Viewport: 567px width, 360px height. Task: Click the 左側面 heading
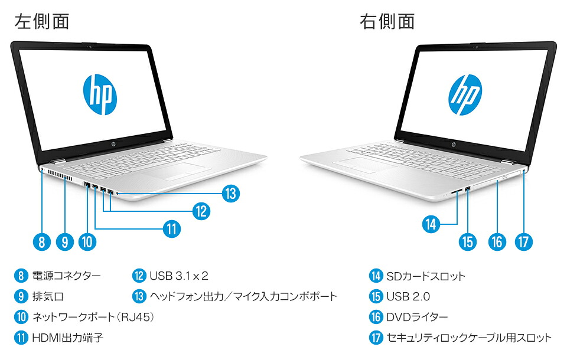(x=42, y=21)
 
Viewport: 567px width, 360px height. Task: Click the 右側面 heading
(x=387, y=21)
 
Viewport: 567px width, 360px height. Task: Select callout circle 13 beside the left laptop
(x=231, y=192)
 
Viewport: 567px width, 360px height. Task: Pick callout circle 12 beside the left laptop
(x=201, y=211)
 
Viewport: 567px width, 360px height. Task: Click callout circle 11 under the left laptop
(x=171, y=229)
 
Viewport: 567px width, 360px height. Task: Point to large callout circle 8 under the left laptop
(x=40, y=241)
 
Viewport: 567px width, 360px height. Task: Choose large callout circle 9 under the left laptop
(x=64, y=241)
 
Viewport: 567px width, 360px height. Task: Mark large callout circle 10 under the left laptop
(x=87, y=241)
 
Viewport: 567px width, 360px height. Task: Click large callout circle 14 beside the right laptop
(x=432, y=224)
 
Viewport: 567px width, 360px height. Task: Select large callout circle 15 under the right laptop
(x=467, y=241)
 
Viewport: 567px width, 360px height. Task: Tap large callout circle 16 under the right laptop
(x=497, y=241)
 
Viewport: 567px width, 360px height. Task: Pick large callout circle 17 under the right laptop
(x=523, y=241)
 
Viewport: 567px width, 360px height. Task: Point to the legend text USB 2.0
(x=408, y=297)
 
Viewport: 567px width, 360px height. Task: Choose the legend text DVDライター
(x=417, y=318)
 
